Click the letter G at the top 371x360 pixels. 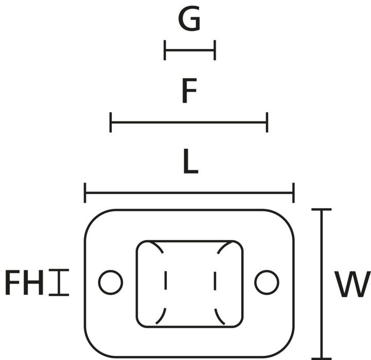[x=189, y=20]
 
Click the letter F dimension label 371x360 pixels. [x=190, y=92]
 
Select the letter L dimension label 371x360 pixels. [x=190, y=163]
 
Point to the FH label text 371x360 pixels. [x=24, y=283]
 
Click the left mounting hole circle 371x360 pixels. [x=110, y=282]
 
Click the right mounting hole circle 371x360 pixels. [x=267, y=282]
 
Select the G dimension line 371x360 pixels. [x=190, y=51]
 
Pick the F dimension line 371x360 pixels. [x=189, y=123]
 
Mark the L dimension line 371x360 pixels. [x=189, y=193]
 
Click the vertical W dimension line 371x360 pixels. [x=322, y=284]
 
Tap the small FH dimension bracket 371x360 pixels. [x=59, y=283]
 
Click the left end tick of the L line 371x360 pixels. [x=85, y=193]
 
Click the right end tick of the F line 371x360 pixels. [x=267, y=123]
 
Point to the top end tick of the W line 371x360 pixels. [x=322, y=210]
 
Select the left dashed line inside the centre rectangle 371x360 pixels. [x=165, y=283]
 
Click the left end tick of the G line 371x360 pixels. [x=165, y=51]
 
